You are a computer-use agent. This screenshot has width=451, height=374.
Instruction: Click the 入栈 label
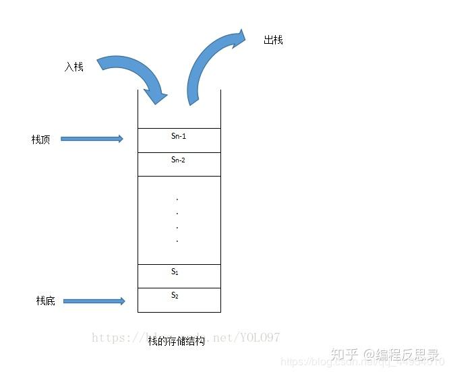74,67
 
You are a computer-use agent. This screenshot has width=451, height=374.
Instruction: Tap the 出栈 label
273,40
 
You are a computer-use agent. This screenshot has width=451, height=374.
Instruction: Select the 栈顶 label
40,139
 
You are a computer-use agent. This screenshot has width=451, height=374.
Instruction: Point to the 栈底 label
45,301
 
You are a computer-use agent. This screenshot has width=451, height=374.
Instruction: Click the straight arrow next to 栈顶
92,139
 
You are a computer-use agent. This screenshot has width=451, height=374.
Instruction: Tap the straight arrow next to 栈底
95,301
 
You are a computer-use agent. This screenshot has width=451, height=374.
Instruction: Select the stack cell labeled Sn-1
179,140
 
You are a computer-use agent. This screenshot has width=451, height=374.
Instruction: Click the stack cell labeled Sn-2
179,164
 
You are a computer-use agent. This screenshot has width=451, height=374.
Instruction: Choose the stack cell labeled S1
179,276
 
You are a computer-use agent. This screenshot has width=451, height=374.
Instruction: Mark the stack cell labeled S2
179,300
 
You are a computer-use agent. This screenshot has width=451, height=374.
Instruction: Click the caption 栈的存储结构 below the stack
176,341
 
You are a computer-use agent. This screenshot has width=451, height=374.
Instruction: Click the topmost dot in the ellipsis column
177,199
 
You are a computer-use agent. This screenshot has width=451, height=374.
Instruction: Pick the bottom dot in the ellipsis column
177,241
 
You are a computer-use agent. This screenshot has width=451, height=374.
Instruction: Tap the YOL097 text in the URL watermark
259,337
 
